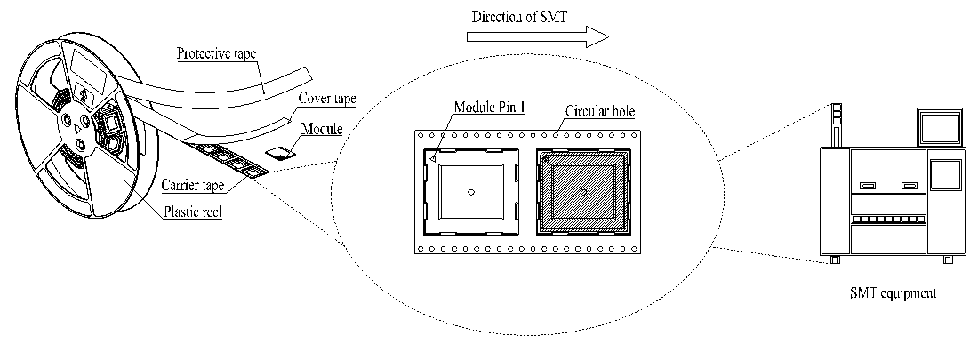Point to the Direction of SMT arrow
pyautogui.click(x=538, y=36)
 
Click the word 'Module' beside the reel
pyautogui.click(x=322, y=131)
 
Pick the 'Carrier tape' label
pyautogui.click(x=192, y=185)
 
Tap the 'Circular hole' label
pyautogui.click(x=600, y=115)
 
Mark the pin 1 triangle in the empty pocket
pyautogui.click(x=431, y=158)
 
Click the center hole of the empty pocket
pyautogui.click(x=471, y=192)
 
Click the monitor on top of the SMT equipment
pyautogui.click(x=938, y=128)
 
